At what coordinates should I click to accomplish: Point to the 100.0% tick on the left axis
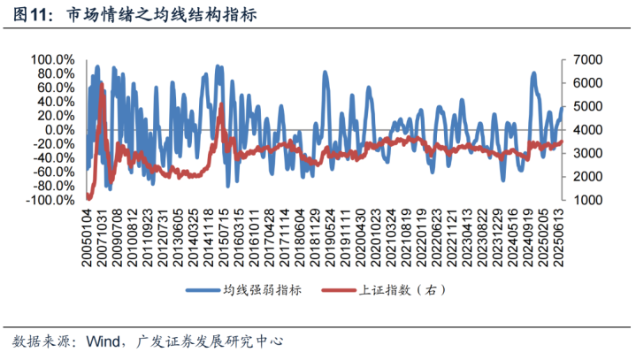coord(53,59)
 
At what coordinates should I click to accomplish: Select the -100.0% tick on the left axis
coord(51,201)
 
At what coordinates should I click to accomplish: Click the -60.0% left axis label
coord(55,172)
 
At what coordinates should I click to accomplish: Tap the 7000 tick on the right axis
coord(588,59)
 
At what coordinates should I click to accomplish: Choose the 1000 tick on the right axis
coord(588,201)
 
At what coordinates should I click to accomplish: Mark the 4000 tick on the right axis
coord(588,130)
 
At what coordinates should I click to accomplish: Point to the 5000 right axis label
coord(588,106)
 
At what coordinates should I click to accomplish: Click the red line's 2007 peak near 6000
coord(103,84)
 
